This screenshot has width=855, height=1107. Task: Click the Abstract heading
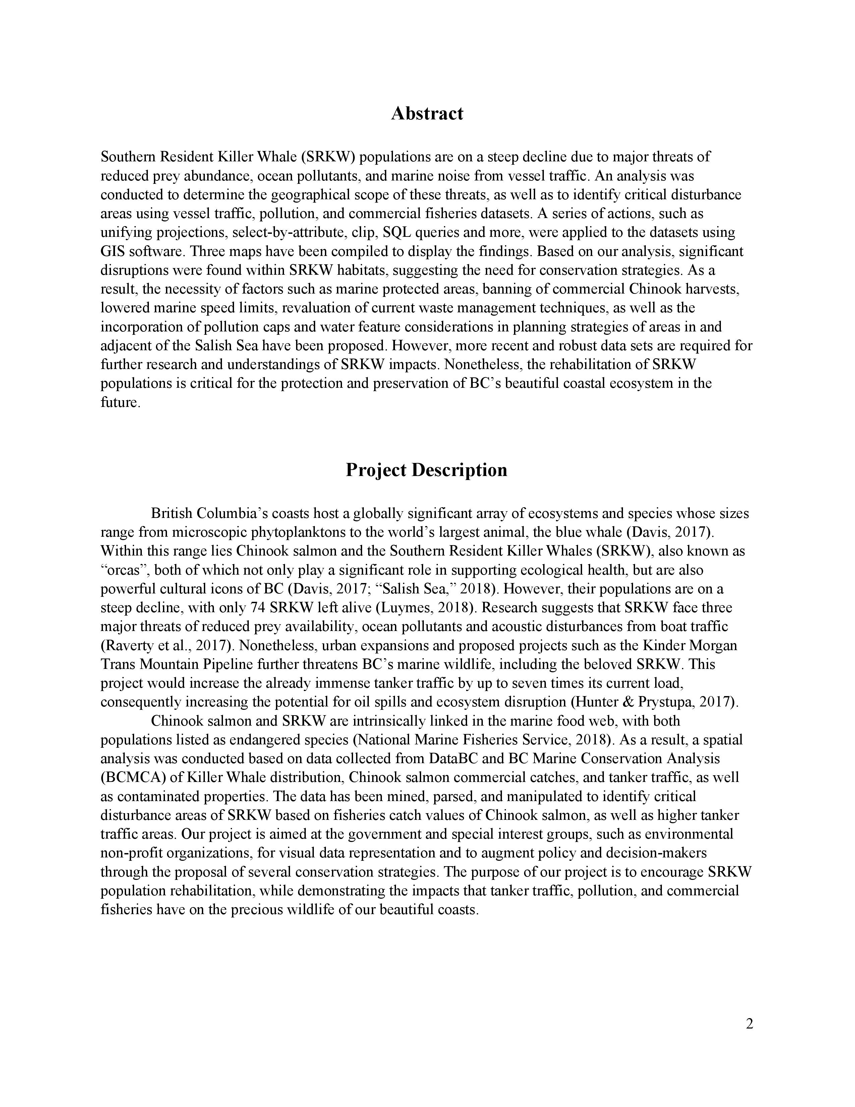pyautogui.click(x=427, y=113)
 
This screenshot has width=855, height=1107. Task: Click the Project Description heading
pyautogui.click(x=426, y=470)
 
